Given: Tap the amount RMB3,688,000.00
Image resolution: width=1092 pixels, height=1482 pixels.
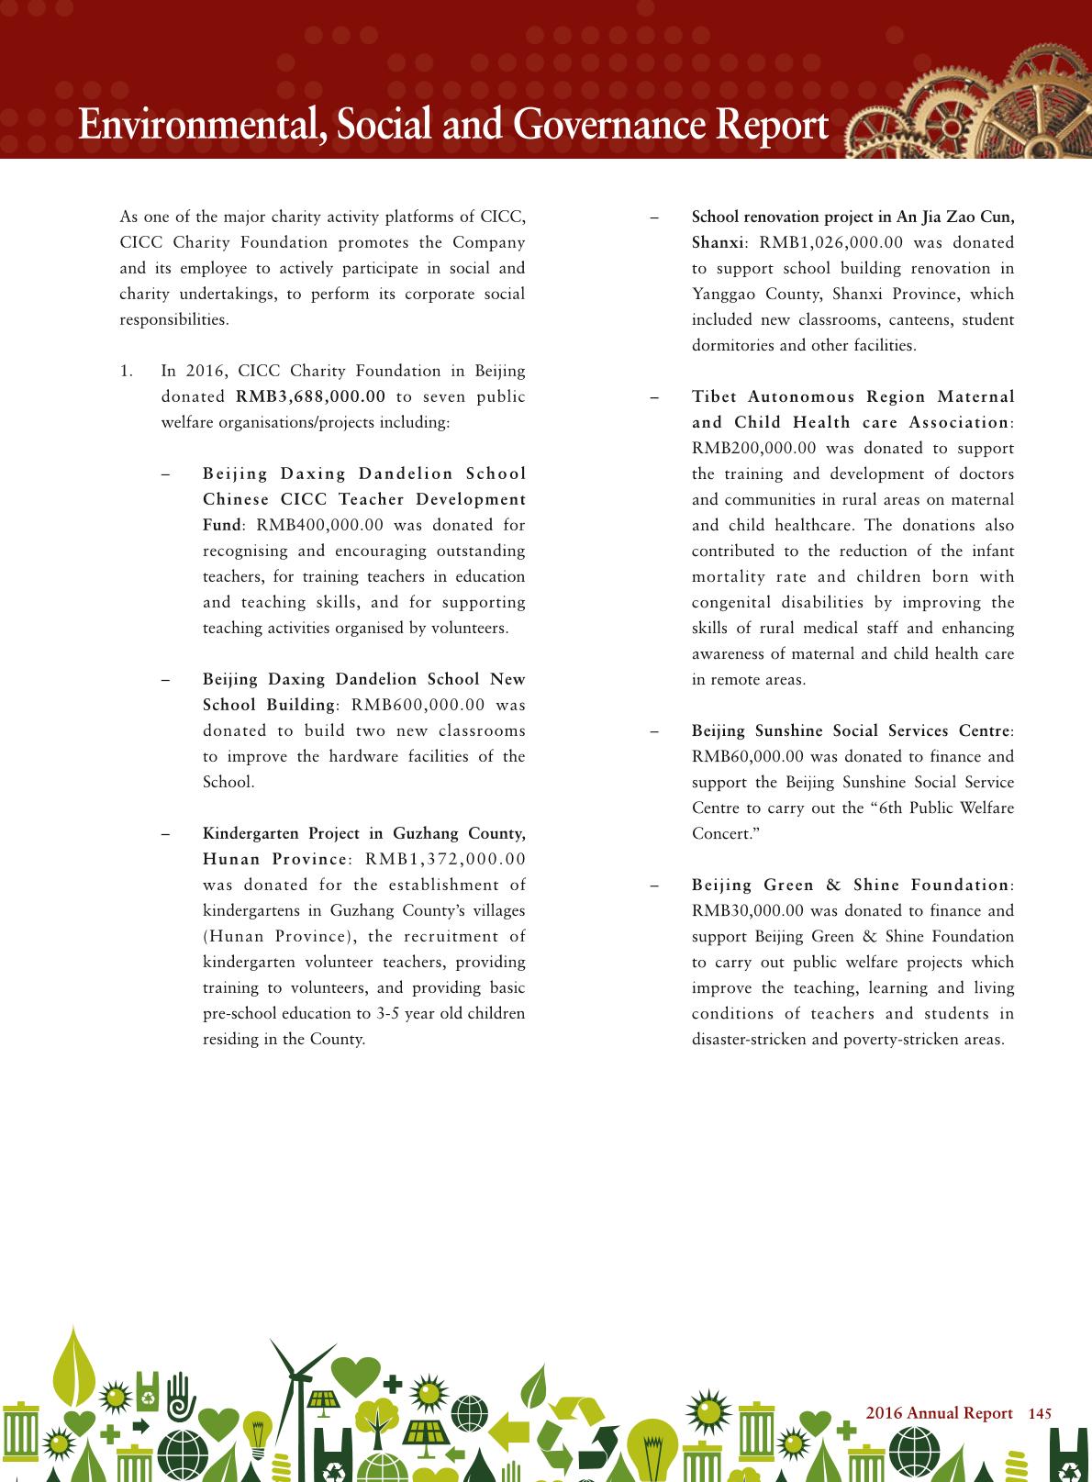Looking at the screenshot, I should [310, 397].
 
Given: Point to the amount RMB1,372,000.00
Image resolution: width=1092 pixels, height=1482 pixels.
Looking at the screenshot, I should [445, 860].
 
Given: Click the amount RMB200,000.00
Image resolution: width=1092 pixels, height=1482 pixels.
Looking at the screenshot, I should [753, 449].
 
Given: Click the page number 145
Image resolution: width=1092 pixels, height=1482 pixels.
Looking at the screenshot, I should [1040, 1414].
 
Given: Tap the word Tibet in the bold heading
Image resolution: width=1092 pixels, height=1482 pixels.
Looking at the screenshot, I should [714, 397].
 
